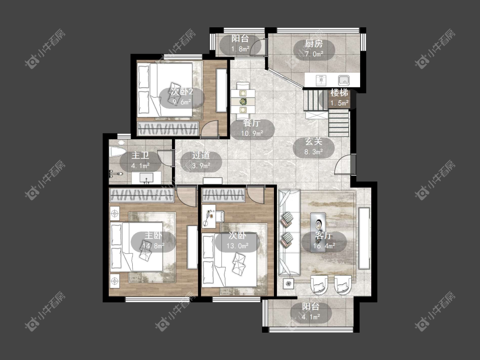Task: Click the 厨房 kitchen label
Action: point(314,44)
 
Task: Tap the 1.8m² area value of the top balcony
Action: point(240,49)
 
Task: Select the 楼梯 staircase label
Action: point(339,93)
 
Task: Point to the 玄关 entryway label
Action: point(314,142)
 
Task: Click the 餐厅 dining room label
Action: point(252,123)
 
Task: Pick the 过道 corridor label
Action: point(201,156)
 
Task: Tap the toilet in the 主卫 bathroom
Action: point(117,152)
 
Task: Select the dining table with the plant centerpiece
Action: point(243,101)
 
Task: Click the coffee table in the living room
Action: point(318,232)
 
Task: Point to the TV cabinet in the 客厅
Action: point(364,238)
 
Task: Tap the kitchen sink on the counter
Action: point(344,81)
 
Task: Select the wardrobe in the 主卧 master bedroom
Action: point(142,195)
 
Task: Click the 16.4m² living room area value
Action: point(324,246)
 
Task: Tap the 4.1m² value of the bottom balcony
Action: point(311,317)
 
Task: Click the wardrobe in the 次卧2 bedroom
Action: point(168,128)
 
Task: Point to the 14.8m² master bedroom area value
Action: point(153,246)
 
